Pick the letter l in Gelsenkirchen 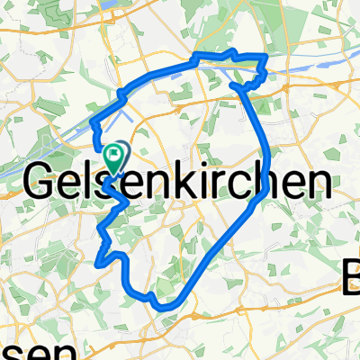(x=92, y=183)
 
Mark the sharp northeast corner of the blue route (x=266, y=58)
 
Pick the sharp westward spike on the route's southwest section (x=95, y=263)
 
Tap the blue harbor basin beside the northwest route (x=127, y=113)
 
